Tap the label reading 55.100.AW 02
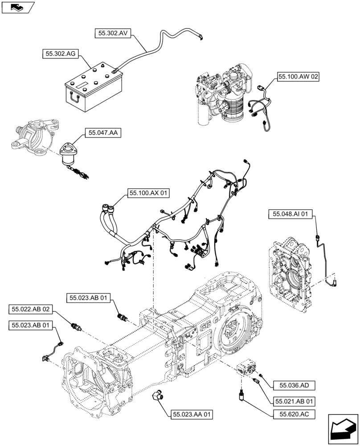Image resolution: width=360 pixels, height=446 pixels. coord(299,77)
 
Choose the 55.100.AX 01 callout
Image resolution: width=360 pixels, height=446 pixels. coord(149,193)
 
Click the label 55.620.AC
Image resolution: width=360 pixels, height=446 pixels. coord(294,414)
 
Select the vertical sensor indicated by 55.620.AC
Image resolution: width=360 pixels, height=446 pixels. coord(242,395)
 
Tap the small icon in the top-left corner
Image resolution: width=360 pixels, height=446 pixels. coord(18,7)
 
